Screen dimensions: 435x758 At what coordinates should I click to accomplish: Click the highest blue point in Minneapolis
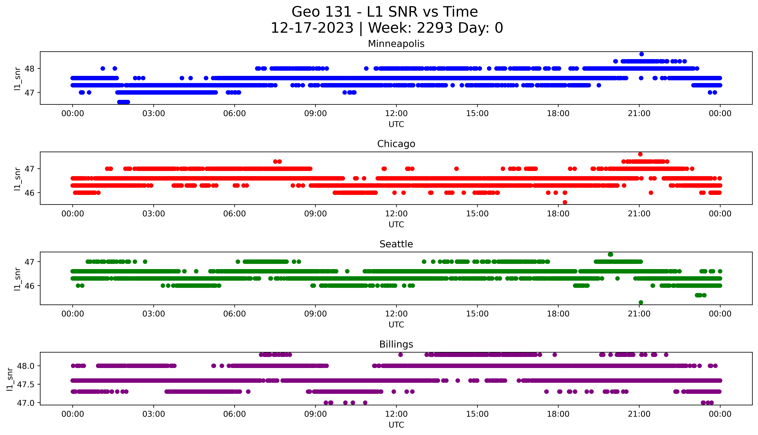641,54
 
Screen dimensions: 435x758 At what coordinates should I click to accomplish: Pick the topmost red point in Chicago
640,154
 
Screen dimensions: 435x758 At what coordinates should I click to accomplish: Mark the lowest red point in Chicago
565,202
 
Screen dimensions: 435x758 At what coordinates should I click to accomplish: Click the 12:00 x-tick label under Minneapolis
396,114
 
